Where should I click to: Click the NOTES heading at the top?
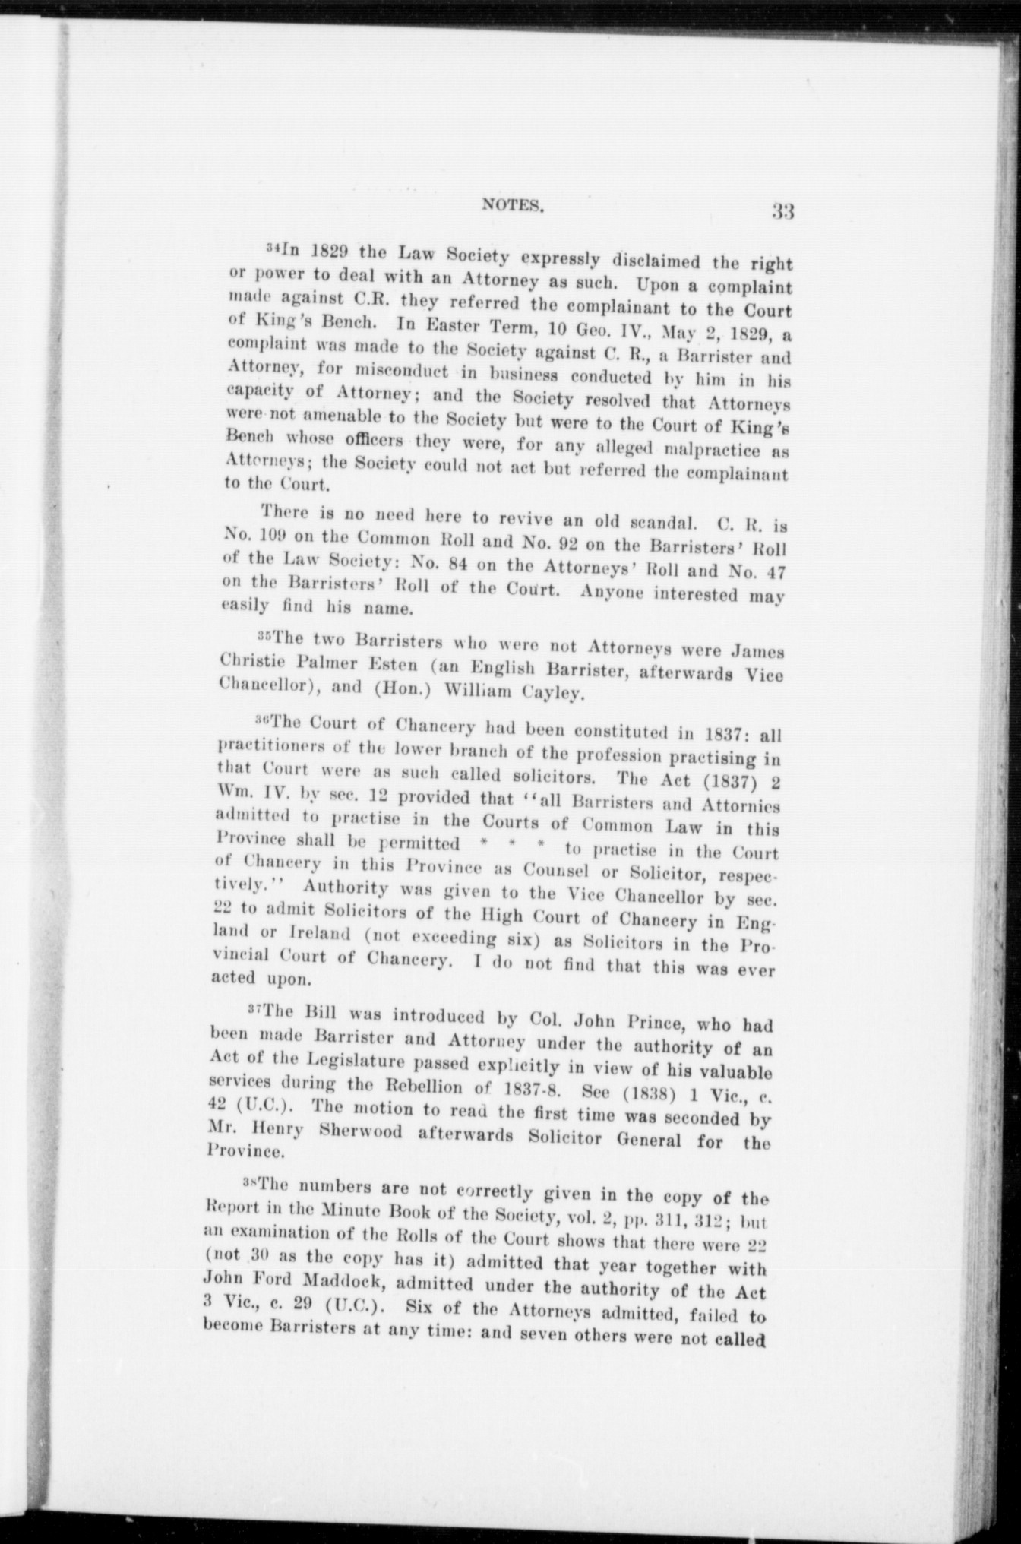511,204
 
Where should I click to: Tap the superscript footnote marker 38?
251,1182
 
